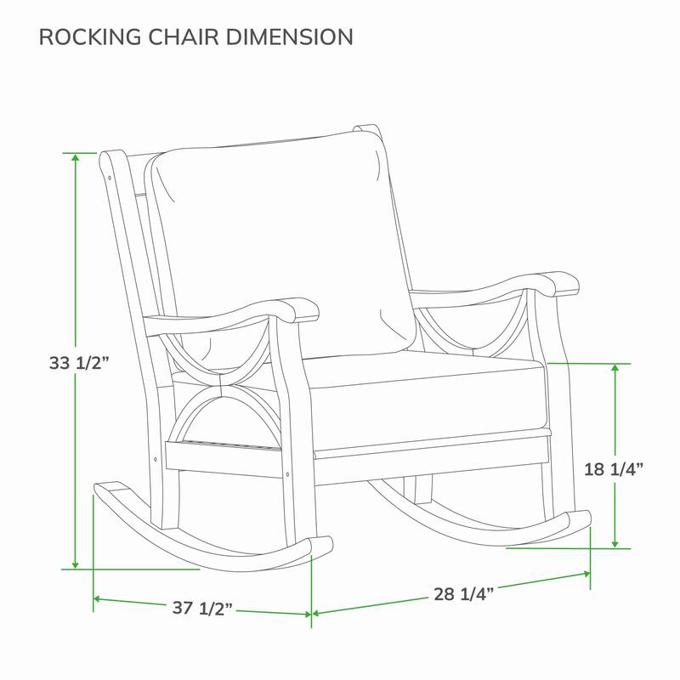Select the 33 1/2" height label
pyautogui.click(x=81, y=363)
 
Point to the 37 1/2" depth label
pyautogui.click(x=202, y=608)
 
